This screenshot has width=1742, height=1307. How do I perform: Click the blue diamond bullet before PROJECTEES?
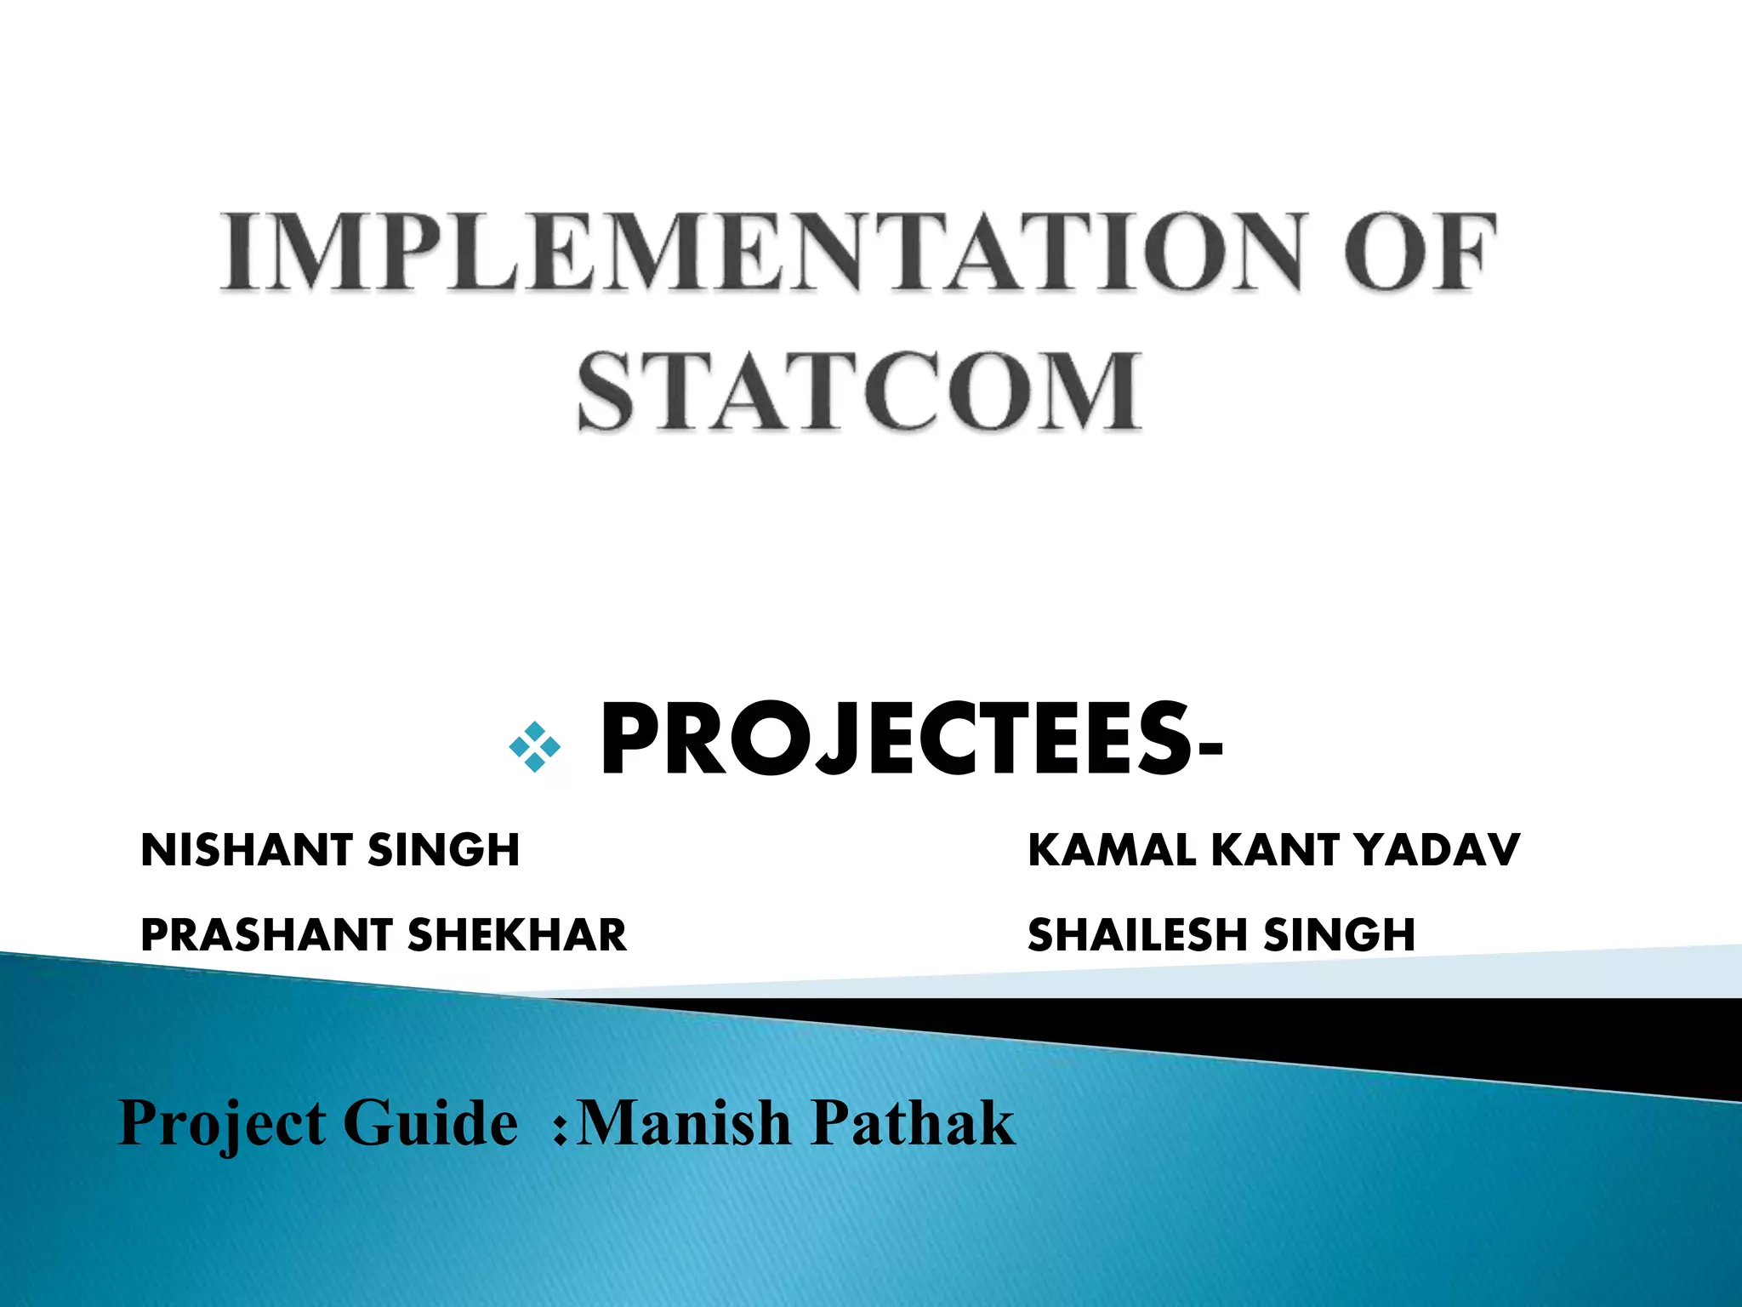(x=534, y=747)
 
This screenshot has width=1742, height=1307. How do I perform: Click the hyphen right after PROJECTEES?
(x=1210, y=749)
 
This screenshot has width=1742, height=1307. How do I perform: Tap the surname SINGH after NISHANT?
(x=443, y=850)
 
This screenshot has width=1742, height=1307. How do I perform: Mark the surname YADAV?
(x=1437, y=850)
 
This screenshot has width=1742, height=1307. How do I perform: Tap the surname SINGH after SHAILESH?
(x=1340, y=934)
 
